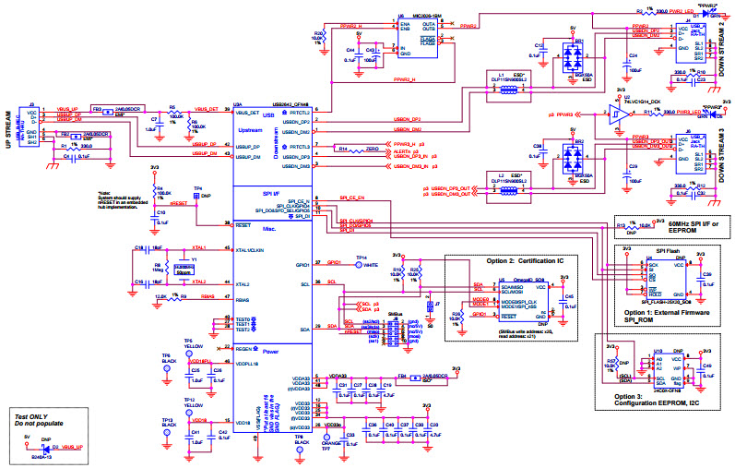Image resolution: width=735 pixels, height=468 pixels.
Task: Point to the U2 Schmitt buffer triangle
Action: coord(614,115)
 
